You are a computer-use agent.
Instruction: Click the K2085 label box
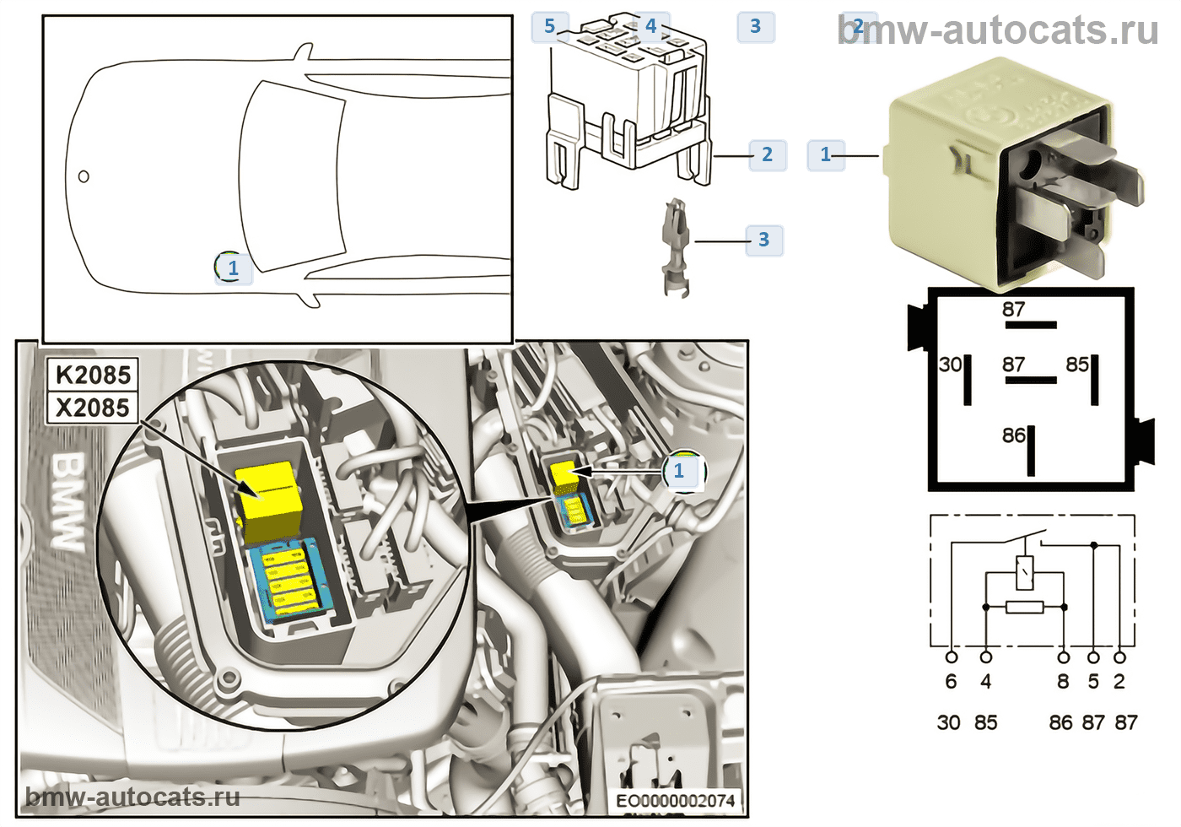point(93,375)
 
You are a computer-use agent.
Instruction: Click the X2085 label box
point(93,408)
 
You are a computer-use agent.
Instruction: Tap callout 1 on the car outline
point(233,268)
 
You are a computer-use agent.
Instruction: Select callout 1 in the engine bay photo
point(679,471)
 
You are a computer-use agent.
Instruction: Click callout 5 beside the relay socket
point(550,26)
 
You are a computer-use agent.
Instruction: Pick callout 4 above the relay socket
point(650,26)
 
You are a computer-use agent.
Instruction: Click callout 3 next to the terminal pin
point(763,240)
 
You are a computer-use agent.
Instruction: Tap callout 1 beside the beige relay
point(826,154)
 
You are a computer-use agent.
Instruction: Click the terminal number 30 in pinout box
point(950,365)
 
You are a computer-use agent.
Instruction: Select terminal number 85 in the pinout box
point(1077,365)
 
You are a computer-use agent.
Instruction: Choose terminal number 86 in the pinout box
point(1014,435)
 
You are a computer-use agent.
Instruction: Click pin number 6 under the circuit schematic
point(951,682)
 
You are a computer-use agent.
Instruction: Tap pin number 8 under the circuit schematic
point(1063,682)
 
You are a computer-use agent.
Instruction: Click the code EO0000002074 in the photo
point(676,800)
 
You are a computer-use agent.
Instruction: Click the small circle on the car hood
point(84,176)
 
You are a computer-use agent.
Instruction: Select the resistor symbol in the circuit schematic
point(1024,607)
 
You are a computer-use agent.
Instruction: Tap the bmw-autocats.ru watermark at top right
point(999,30)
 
